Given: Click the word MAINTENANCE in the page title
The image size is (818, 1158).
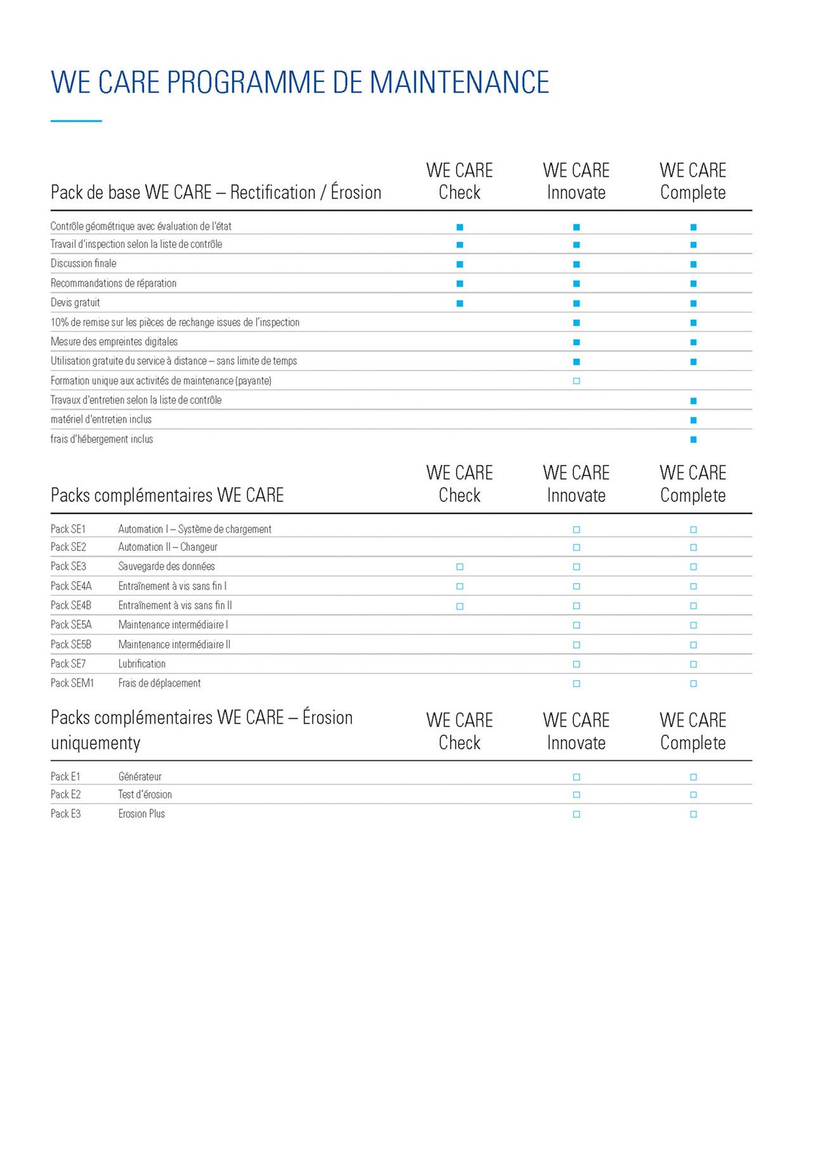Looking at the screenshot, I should coord(459,82).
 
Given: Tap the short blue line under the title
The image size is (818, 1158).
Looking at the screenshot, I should coord(76,121).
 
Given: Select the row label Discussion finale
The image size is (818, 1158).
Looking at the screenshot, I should coord(83,263).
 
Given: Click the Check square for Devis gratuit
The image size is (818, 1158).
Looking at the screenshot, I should coord(460,303).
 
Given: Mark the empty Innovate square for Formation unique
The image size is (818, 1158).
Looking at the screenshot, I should coord(576,381).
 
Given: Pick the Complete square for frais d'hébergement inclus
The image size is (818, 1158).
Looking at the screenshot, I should coord(693,439).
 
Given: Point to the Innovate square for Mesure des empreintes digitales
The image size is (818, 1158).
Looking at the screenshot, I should coord(576,342).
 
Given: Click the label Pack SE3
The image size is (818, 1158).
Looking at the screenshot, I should coord(68,566).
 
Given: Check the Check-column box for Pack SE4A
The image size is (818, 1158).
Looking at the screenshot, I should coord(460,586).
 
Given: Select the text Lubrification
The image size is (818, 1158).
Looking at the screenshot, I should coord(141,664).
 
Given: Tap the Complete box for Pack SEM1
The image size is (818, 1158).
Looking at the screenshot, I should coord(693,683).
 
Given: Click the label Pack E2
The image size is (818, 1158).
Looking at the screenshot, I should coord(65,794).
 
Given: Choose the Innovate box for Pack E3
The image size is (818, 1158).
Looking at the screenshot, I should coord(576,814).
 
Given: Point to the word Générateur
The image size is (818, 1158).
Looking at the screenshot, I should coord(140,777).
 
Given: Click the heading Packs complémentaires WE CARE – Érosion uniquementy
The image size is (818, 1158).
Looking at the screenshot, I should coord(201,730).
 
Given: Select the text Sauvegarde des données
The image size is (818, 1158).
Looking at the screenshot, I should coord(166,566).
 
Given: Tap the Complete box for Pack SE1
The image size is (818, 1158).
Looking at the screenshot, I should coord(693,529).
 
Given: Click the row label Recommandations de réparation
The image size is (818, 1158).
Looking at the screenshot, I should coord(114,283).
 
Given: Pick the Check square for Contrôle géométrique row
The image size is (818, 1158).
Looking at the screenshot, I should coord(460,227).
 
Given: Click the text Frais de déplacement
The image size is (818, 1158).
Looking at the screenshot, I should coord(159,683).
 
